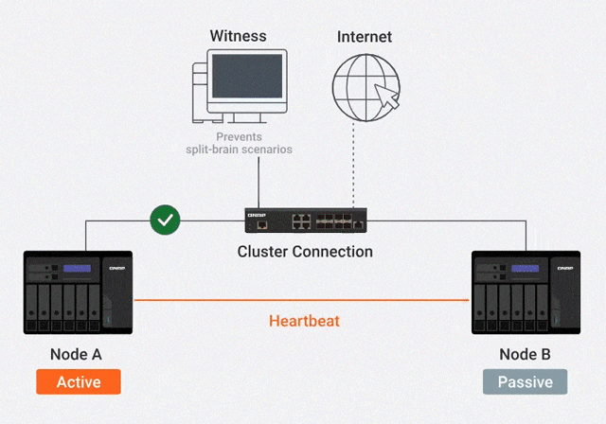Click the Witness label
[238, 37]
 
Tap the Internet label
[365, 37]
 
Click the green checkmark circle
[166, 221]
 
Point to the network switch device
[306, 221]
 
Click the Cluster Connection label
[305, 253]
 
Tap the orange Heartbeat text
[304, 321]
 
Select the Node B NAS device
[526, 292]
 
